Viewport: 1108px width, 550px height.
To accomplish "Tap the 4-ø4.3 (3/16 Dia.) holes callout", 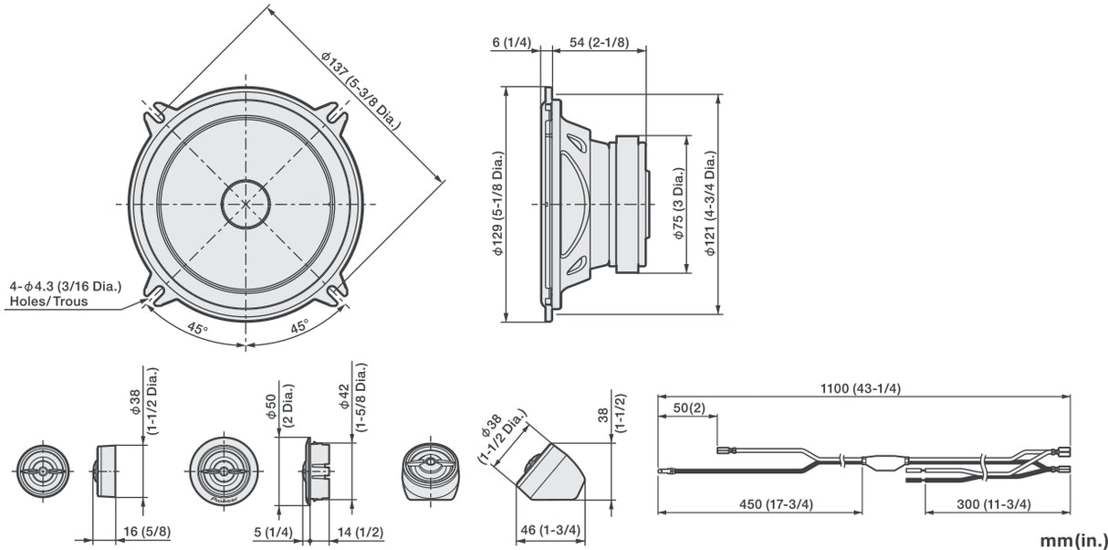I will tap(77, 285).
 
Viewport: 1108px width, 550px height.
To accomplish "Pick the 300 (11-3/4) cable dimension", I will tap(996, 504).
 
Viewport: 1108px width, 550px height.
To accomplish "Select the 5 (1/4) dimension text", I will tap(274, 530).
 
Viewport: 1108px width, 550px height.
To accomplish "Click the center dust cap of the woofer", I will tap(246, 202).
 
